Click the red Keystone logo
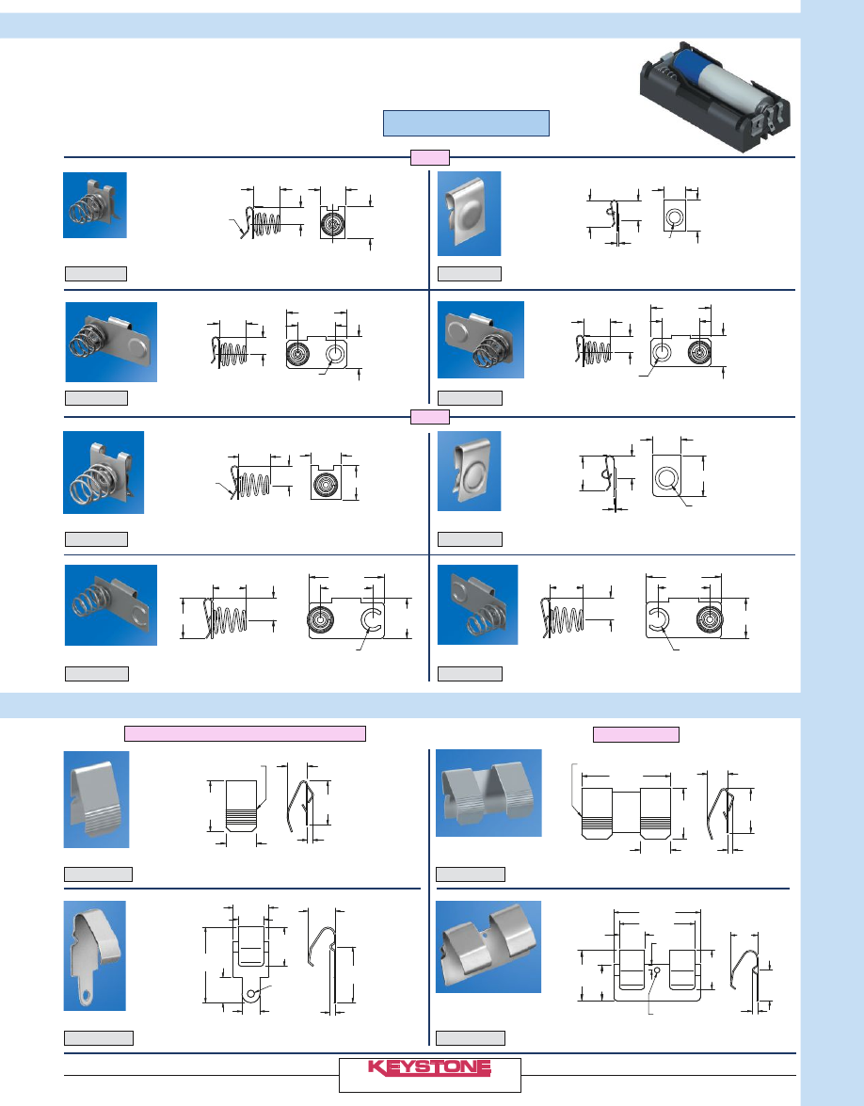coord(429,1067)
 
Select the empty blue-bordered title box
coord(466,122)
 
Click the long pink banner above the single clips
coord(245,733)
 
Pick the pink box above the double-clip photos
coord(636,734)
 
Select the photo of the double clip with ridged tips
coord(488,793)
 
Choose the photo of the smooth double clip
coord(488,947)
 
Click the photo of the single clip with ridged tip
coord(97,799)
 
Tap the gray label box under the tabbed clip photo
coord(99,1037)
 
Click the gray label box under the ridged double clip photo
coord(471,874)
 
